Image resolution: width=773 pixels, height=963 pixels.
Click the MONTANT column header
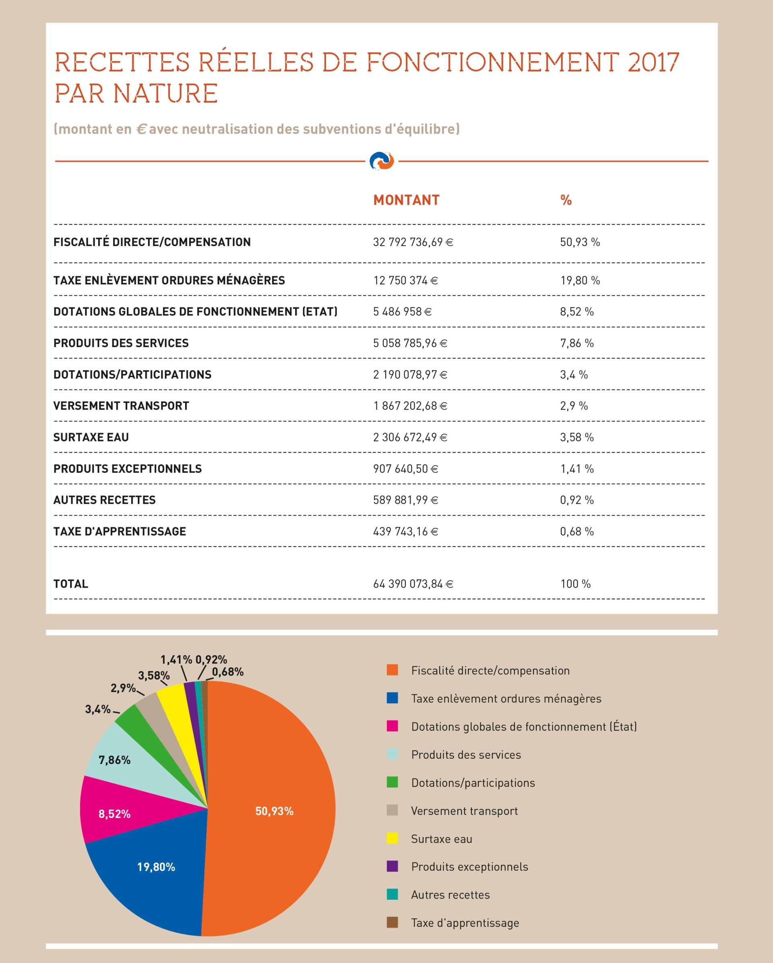(x=406, y=200)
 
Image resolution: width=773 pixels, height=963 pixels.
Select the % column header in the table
(x=566, y=200)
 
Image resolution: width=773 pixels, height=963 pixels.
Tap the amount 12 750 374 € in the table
(x=405, y=280)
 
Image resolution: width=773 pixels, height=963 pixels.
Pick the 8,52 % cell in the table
(x=577, y=312)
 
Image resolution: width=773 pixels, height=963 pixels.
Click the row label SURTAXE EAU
(x=91, y=437)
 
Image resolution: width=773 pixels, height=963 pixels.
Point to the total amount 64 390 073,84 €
(x=413, y=584)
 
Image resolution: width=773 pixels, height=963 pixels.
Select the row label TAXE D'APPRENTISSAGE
(x=120, y=532)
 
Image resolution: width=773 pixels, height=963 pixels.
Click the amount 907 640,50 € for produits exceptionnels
(x=405, y=469)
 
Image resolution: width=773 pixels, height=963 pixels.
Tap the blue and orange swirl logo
(x=382, y=161)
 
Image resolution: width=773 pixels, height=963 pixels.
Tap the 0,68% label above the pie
(x=228, y=672)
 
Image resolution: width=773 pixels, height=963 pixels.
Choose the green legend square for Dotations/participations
(x=392, y=782)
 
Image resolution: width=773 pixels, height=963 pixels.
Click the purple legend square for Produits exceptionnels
(x=392, y=866)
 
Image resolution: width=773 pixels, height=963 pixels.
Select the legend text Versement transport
(x=465, y=811)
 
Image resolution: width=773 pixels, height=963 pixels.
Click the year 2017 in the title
(x=653, y=62)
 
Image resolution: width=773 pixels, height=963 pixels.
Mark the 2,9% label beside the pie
(x=123, y=688)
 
